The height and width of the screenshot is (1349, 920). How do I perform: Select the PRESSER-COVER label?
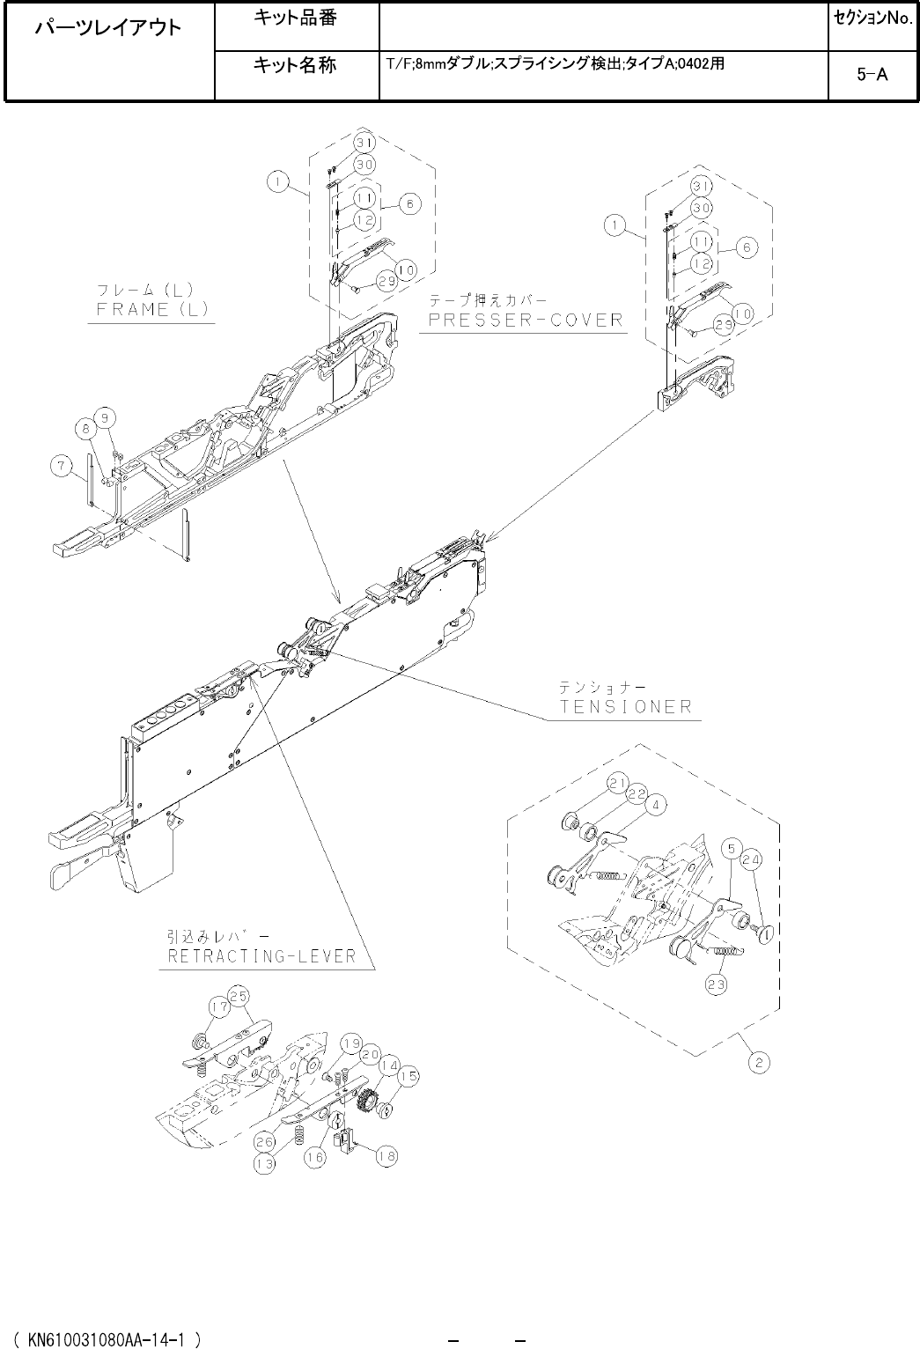point(526,319)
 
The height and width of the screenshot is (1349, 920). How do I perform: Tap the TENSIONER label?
point(626,706)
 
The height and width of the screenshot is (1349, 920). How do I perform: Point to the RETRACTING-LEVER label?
point(261,955)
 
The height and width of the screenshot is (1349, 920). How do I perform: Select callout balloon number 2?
point(759,1063)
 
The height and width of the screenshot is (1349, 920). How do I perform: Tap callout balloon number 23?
point(716,984)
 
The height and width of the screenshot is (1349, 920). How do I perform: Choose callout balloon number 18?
point(385,1156)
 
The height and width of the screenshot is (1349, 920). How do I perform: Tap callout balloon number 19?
point(350,1043)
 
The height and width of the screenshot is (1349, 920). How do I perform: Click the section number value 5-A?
point(872,75)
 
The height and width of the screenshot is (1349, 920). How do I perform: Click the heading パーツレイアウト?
point(108,28)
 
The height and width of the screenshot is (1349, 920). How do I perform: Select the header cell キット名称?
point(294,65)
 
